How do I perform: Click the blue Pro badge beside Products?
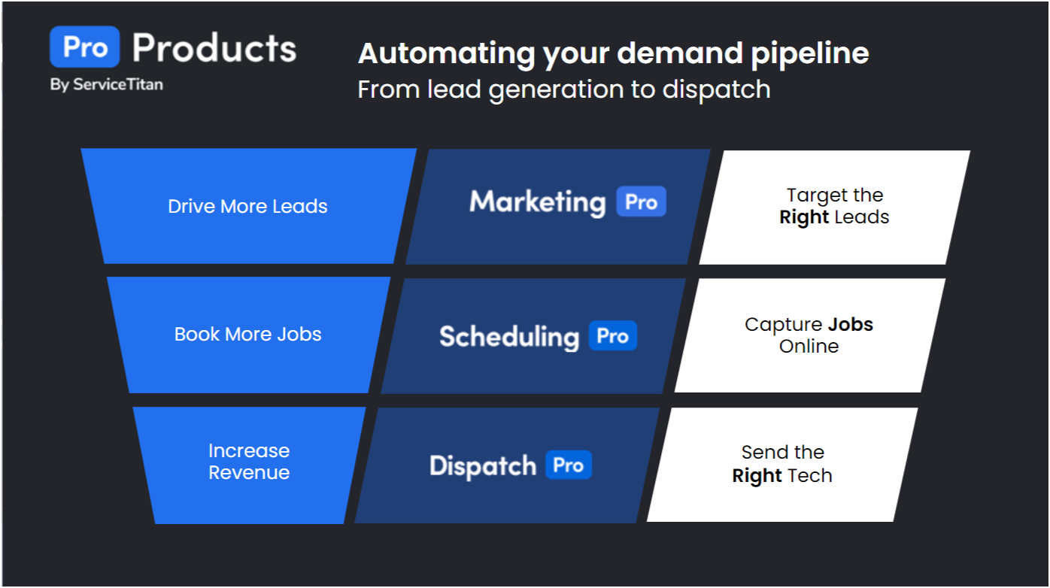84,47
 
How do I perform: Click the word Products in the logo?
214,47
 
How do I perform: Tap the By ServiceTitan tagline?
106,84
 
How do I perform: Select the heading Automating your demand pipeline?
613,53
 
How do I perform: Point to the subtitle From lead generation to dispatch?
564,89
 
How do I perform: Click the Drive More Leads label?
247,207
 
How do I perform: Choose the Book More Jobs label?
247,335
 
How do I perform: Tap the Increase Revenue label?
249,462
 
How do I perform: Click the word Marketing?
537,202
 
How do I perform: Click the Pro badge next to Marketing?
641,202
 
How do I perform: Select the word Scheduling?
509,336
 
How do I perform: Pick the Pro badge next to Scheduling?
612,336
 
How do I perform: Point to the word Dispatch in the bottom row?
483,465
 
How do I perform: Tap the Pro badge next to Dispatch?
568,465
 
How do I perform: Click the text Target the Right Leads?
834,207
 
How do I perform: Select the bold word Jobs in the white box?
851,325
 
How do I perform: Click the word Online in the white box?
809,347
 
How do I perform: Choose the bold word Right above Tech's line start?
757,476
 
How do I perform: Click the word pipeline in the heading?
817,53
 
